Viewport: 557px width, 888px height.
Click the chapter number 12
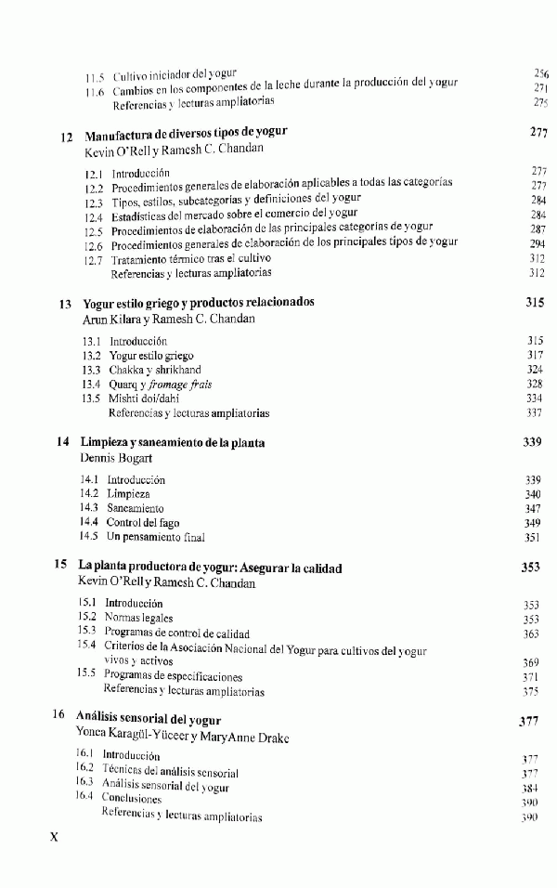coord(67,137)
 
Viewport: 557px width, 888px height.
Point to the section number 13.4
coord(90,384)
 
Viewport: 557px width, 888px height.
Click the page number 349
coord(532,523)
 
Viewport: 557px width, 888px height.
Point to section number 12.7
coord(93,259)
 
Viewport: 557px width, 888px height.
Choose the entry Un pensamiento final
coord(155,537)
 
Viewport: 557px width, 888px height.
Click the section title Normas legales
coord(138,618)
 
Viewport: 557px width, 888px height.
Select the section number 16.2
coord(84,770)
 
